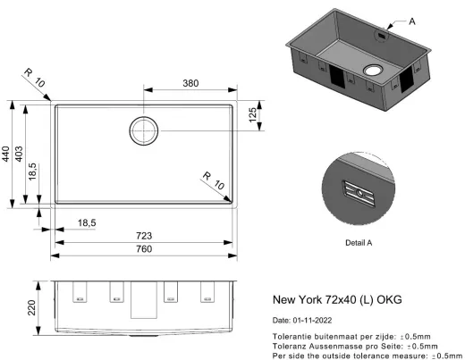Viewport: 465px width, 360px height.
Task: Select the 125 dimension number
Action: tap(252, 115)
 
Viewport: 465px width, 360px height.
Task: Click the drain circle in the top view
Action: tap(144, 130)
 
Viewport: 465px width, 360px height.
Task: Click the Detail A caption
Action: tap(358, 242)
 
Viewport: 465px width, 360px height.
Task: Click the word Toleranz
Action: tap(290, 345)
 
